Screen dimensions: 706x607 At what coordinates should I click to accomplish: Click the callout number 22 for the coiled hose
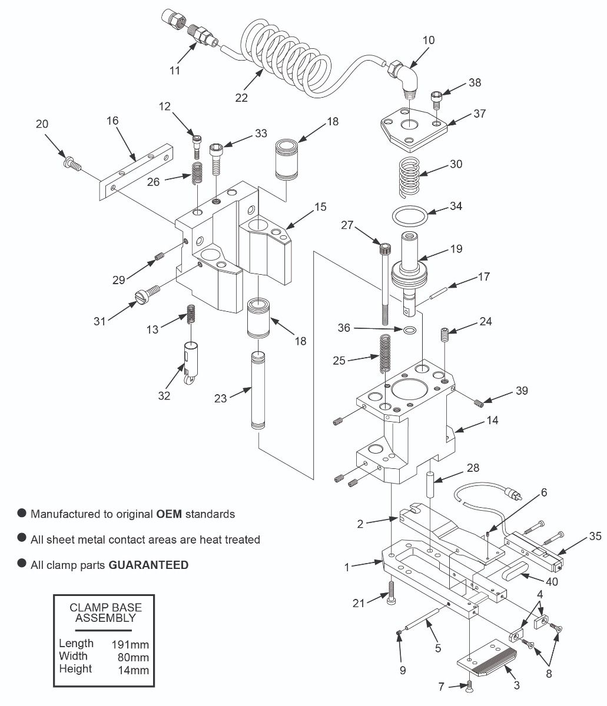241,98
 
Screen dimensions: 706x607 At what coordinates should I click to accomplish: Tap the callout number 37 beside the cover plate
480,113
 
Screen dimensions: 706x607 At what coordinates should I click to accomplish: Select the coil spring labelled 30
409,175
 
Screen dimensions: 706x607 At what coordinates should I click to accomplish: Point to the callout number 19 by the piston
456,249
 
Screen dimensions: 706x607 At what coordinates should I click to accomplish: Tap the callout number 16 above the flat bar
112,121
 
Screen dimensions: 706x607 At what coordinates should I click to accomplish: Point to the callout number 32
164,395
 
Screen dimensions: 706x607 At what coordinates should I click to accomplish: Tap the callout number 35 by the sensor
595,536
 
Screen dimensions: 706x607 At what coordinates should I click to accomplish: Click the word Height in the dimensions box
75,669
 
